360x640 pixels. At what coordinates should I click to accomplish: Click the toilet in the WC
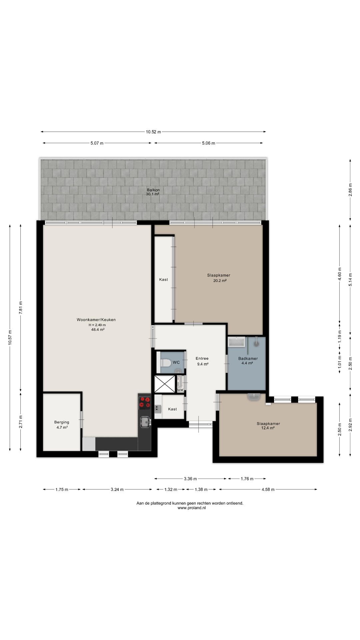166,362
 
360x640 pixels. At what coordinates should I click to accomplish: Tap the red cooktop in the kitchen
145,402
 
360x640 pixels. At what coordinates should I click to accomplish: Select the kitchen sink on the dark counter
145,422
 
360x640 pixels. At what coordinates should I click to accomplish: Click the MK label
180,390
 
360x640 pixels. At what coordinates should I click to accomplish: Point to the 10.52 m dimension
153,132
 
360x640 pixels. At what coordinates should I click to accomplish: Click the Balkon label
153,190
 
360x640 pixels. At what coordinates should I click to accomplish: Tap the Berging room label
62,422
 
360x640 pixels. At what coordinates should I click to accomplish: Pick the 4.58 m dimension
268,489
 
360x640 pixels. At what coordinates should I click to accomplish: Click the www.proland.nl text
192,508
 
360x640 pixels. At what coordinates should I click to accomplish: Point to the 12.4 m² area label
268,428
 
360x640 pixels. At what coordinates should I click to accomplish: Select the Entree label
202,359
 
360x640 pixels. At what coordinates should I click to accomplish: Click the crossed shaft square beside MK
165,384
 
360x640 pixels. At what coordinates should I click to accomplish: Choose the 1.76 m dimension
247,479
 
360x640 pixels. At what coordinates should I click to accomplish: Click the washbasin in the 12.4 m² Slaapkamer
254,397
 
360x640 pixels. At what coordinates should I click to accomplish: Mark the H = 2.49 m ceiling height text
97,325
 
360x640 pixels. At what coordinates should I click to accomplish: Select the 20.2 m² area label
220,281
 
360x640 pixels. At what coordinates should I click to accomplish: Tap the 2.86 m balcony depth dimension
350,190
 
